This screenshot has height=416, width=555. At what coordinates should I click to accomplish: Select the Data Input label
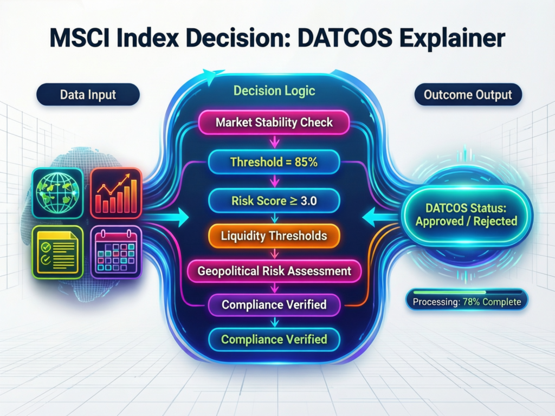click(88, 95)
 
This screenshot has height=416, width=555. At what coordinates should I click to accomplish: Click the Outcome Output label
click(468, 95)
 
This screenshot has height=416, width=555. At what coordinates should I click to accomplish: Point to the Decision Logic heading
click(274, 90)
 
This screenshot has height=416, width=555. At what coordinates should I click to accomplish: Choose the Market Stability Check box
click(274, 122)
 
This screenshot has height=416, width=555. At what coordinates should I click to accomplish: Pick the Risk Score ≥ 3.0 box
click(274, 201)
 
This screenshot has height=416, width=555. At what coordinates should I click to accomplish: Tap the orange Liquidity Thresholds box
click(274, 236)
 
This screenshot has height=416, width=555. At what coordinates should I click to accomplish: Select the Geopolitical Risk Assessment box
click(274, 270)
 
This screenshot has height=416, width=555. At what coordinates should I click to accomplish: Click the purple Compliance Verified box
click(274, 304)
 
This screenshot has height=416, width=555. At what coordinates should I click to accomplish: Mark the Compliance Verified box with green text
click(274, 340)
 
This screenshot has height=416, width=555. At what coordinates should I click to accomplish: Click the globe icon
click(57, 193)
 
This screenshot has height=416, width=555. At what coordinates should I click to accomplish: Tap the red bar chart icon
click(116, 193)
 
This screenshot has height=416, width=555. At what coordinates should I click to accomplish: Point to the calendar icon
click(116, 252)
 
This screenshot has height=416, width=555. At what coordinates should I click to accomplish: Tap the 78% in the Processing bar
click(472, 302)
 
